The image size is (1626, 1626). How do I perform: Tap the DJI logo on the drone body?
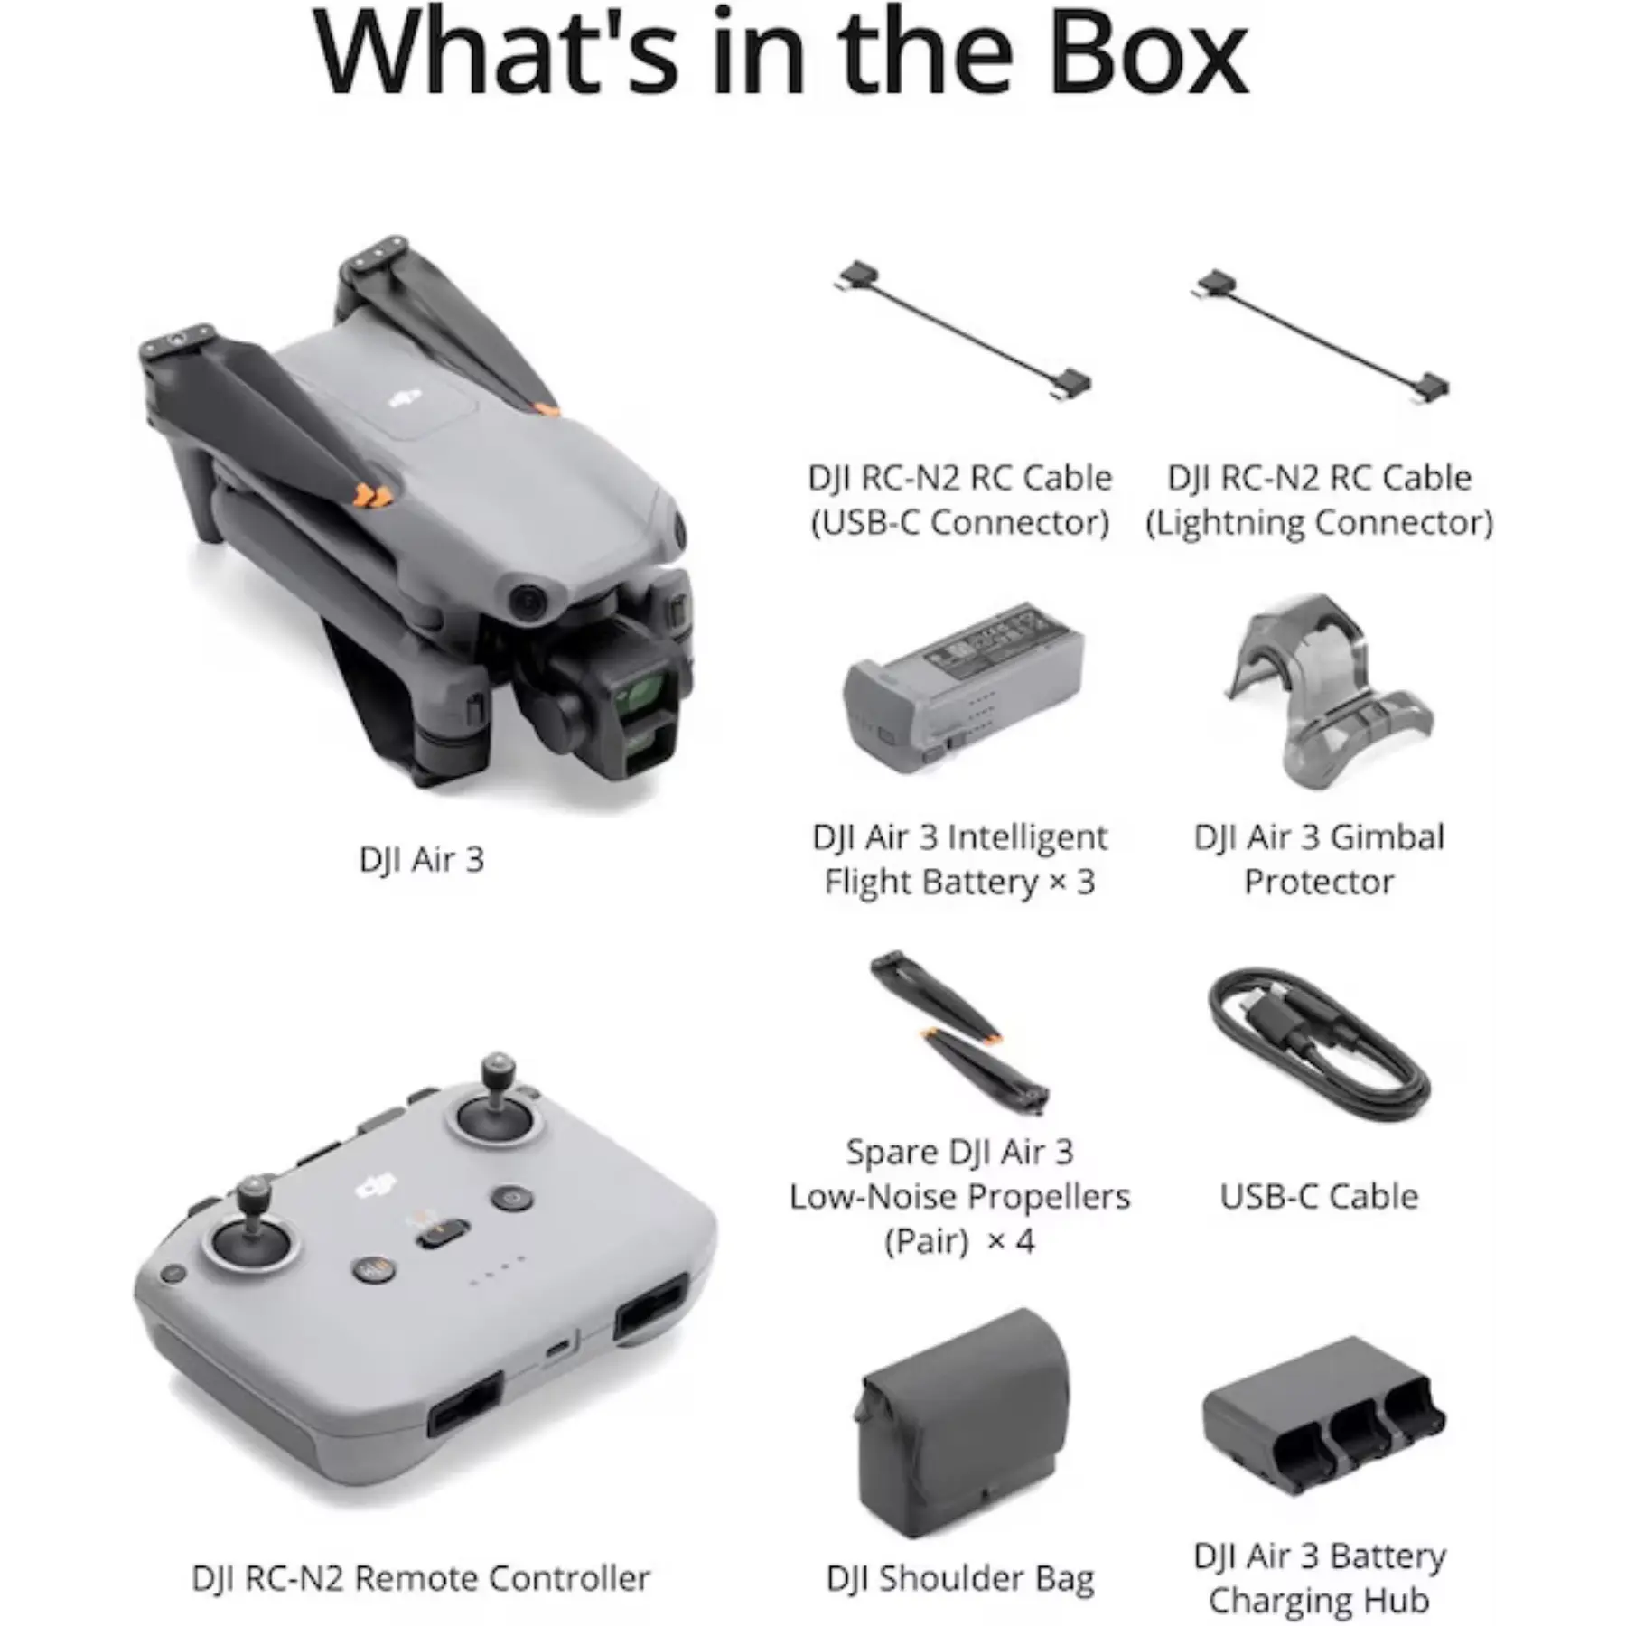(406, 397)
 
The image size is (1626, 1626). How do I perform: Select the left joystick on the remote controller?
(252, 1229)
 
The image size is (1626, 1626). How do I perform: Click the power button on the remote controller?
(511, 1199)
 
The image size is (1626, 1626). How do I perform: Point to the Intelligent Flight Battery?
(963, 687)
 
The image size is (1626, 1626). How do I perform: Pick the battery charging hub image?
(1323, 1418)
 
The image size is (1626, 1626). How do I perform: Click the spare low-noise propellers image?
(959, 1032)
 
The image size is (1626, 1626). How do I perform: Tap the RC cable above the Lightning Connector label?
(1321, 335)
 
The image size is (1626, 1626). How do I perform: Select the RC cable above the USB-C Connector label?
(963, 332)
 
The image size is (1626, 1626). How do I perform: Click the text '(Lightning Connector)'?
(1320, 522)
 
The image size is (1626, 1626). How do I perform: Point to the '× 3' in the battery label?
(1072, 881)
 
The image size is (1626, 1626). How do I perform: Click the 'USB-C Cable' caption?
(1319, 1196)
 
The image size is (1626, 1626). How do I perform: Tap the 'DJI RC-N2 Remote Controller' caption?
(421, 1578)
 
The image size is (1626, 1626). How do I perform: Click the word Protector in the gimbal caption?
(1319, 882)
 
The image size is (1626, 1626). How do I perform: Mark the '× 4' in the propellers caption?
(1011, 1240)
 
